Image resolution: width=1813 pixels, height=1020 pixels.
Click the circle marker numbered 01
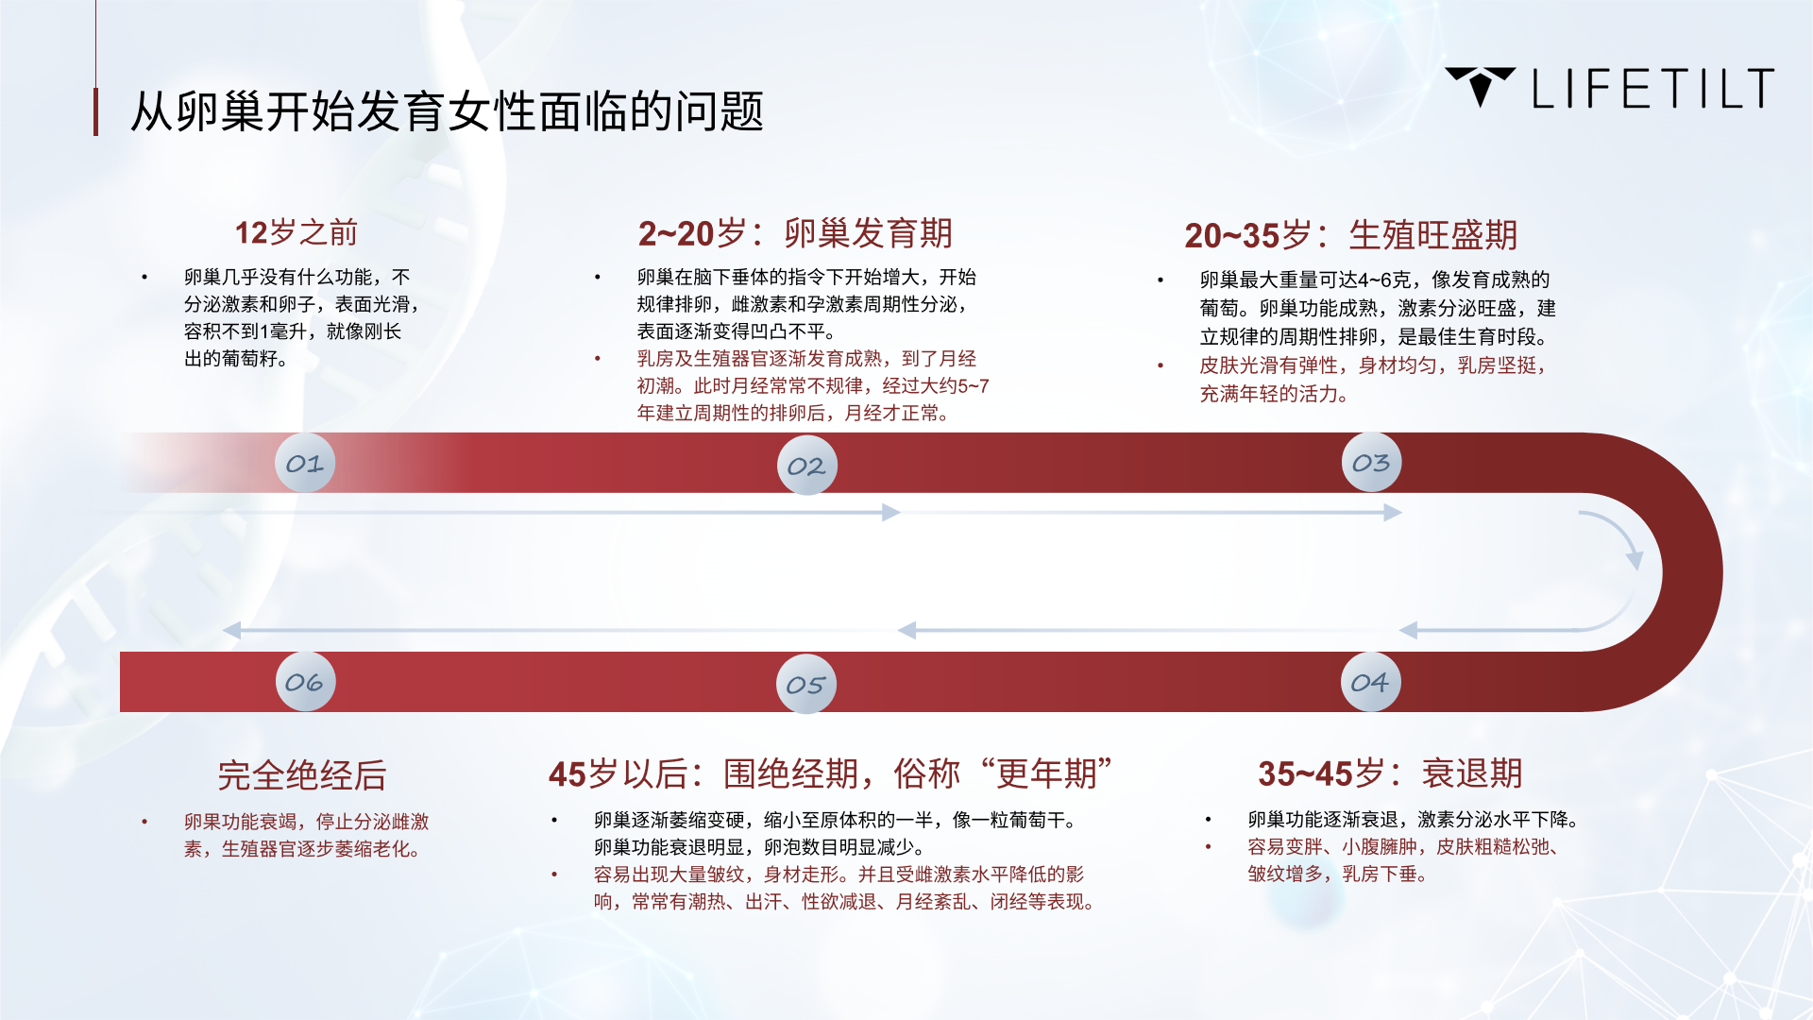[x=305, y=463]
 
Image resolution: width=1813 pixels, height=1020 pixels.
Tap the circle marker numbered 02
[x=806, y=466]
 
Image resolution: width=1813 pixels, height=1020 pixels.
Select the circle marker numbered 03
[x=1371, y=463]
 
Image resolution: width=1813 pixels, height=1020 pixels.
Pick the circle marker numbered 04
[x=1370, y=682]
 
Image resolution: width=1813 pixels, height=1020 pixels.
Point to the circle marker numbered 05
[x=805, y=685]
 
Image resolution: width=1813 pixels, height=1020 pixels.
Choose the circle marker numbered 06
[x=305, y=682]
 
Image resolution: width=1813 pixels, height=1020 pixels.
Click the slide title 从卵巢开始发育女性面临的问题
[x=447, y=111]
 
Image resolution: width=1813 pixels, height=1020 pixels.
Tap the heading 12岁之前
[x=297, y=232]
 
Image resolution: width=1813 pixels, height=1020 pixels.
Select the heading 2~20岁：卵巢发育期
[x=795, y=233]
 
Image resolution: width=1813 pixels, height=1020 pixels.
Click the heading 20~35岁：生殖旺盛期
[x=1351, y=235]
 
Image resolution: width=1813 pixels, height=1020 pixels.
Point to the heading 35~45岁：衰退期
[x=1390, y=773]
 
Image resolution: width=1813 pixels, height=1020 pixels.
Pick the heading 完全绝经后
[x=302, y=775]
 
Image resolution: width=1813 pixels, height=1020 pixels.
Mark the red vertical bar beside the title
[x=95, y=111]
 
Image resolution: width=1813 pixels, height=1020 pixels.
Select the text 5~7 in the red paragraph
[x=974, y=385]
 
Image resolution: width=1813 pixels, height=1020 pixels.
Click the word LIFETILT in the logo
[x=1653, y=89]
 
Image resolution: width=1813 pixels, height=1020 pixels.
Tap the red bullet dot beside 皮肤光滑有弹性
[x=1161, y=365]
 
